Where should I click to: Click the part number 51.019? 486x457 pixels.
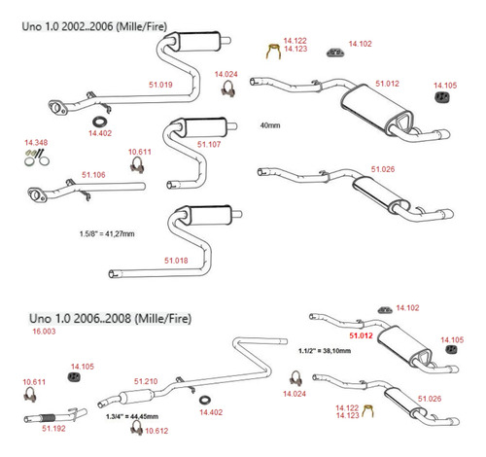coord(160,85)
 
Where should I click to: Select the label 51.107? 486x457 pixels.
coord(209,144)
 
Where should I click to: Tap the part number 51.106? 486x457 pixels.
coord(93,175)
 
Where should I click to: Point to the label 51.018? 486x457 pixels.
coord(176,261)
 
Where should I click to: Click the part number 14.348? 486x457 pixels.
coord(36,142)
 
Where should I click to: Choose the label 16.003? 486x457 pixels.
coord(44,332)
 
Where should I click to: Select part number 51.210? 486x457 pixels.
coord(146,381)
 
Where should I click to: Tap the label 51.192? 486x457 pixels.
coord(53,429)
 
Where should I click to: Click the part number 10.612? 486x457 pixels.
coord(156,431)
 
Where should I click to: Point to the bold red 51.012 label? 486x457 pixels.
coord(361,335)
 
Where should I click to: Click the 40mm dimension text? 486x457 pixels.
coord(270,125)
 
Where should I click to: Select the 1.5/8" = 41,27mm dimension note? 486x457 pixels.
coord(107,233)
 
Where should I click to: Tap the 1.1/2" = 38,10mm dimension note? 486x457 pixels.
coord(325,350)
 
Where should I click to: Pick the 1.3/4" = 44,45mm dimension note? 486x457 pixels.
coord(132,416)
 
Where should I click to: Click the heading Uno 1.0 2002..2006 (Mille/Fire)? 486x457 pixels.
coord(94,26)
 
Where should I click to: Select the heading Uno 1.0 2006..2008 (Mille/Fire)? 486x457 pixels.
coord(110,318)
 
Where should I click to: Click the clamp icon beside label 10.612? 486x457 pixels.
coord(136,428)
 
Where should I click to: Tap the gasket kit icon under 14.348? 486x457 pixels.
coord(37,158)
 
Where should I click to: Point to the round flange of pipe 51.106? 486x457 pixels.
coord(36,194)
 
